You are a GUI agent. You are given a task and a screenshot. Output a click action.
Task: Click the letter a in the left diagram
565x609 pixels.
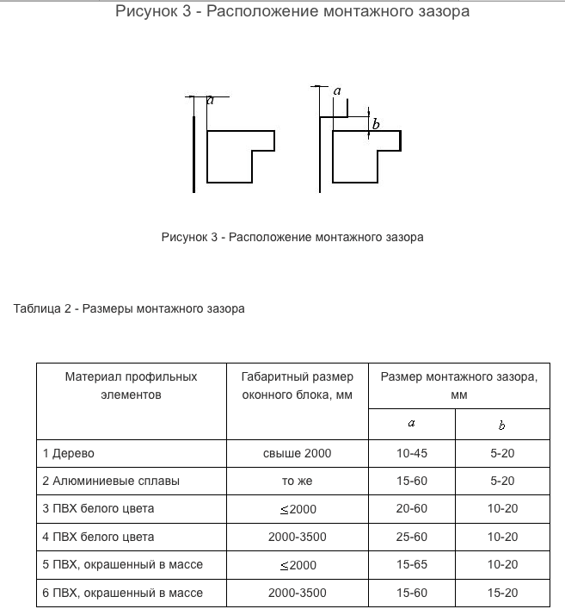click(210, 100)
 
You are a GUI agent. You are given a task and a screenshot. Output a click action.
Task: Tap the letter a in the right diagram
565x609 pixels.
click(336, 90)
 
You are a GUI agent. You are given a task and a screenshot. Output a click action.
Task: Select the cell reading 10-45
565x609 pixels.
click(412, 453)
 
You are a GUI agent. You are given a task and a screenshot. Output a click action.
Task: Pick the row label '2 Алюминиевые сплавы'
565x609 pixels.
click(99, 481)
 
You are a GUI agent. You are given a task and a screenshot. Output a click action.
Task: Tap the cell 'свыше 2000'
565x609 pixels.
click(297, 453)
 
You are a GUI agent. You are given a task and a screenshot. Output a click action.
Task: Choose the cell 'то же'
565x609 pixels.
click(297, 481)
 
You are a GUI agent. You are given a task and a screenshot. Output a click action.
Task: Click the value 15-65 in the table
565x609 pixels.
click(412, 565)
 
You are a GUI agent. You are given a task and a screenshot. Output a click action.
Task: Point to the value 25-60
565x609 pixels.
click(412, 537)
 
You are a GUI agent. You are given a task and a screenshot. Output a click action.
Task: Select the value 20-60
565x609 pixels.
click(412, 509)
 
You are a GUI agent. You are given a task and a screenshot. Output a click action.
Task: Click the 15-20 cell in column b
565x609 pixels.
click(502, 593)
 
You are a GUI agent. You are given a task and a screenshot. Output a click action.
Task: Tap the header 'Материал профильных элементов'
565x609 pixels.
click(131, 385)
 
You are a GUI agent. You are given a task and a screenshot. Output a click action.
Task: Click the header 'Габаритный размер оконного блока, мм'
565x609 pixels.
click(297, 385)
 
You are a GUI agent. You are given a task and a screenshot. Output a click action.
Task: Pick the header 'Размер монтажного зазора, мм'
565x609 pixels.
click(458, 385)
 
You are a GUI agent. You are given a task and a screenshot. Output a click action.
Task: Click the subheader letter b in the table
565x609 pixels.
click(502, 425)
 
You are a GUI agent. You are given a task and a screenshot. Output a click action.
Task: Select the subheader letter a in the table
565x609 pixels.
click(412, 424)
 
